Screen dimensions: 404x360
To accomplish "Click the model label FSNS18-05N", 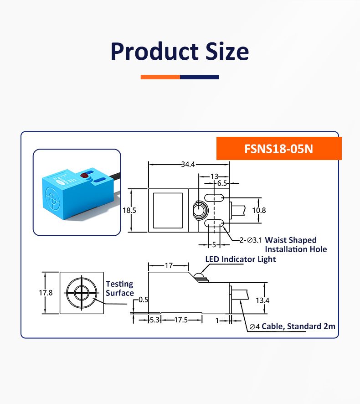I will pos(279,149).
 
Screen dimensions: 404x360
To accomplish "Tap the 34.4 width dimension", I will pos(188,165).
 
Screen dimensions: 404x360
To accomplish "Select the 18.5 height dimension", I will pos(129,211).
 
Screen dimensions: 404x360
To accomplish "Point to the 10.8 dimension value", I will pos(259,211).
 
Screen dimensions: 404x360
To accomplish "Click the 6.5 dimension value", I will pos(222,183).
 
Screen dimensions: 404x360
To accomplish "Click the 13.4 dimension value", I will pos(262,300).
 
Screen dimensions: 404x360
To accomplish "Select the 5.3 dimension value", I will pos(155,320).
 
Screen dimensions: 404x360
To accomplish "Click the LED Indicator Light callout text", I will pos(240,259).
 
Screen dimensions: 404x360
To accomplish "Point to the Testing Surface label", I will pos(119,289).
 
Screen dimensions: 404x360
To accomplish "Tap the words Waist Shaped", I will pos(290,240).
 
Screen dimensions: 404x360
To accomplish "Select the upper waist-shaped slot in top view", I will pos(213,198).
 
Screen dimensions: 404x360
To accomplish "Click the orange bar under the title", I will pos(160,77).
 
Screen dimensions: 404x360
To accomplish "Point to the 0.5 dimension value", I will pos(143,300).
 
